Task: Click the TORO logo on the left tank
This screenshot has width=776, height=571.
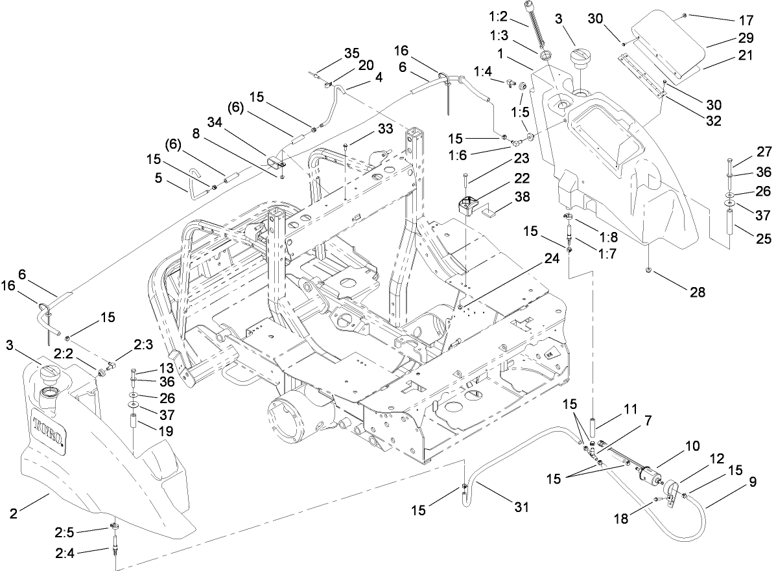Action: (x=49, y=430)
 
